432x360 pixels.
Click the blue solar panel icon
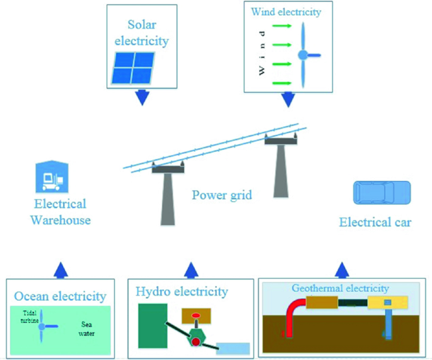point(134,67)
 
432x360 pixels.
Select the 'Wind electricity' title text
point(286,12)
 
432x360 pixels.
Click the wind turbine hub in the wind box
point(303,55)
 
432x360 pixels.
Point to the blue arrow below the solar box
point(141,98)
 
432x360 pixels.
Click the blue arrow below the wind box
point(288,100)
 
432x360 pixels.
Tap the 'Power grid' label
point(222,195)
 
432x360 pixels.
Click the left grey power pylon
point(168,195)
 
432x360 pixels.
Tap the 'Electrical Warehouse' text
point(61,212)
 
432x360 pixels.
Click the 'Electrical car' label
point(375,222)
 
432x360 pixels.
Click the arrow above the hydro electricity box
point(189,269)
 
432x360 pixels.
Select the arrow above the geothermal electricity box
point(342,269)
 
